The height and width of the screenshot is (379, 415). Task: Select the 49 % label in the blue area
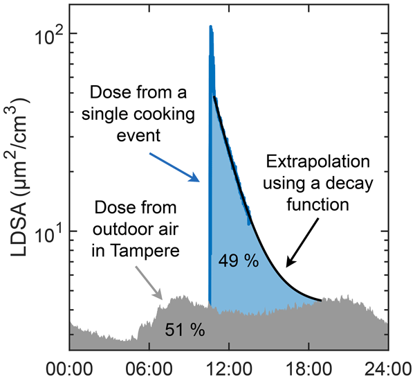pos(238,261)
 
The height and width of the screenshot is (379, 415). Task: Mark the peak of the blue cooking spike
pos(210,27)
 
